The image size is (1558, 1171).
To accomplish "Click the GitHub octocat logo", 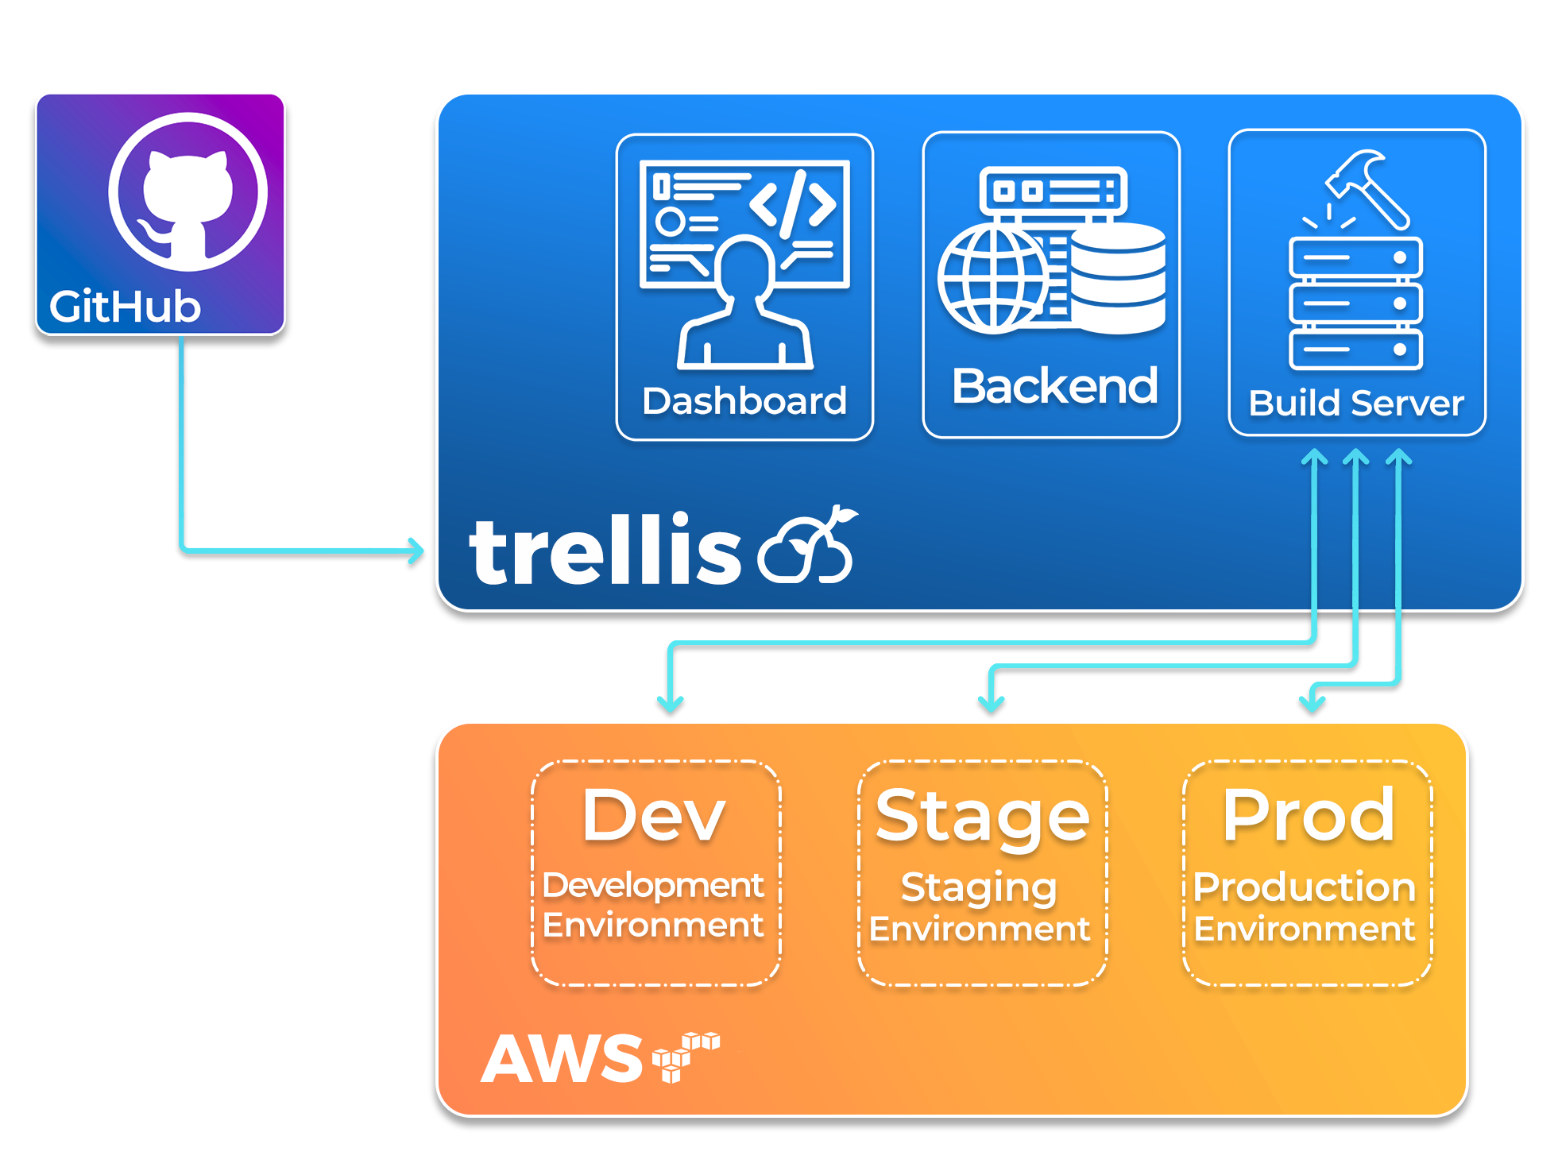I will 188,192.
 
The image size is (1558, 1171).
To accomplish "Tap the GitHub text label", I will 125,307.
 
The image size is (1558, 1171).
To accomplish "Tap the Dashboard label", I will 744,401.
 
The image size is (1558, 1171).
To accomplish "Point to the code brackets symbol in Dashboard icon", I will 793,203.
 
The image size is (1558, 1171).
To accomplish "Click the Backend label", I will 1054,387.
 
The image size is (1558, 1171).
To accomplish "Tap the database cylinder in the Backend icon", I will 1119,278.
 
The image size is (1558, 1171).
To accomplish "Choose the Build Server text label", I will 1356,404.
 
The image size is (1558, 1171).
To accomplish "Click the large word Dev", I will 654,816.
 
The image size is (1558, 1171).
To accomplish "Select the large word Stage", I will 982,817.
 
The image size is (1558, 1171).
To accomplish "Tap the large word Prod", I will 1309,816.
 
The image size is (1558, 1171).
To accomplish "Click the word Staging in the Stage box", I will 979,888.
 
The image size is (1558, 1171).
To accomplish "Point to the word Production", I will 1305,887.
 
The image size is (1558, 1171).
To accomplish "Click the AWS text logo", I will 562,1060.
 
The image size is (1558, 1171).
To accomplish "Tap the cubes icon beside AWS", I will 685,1055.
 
